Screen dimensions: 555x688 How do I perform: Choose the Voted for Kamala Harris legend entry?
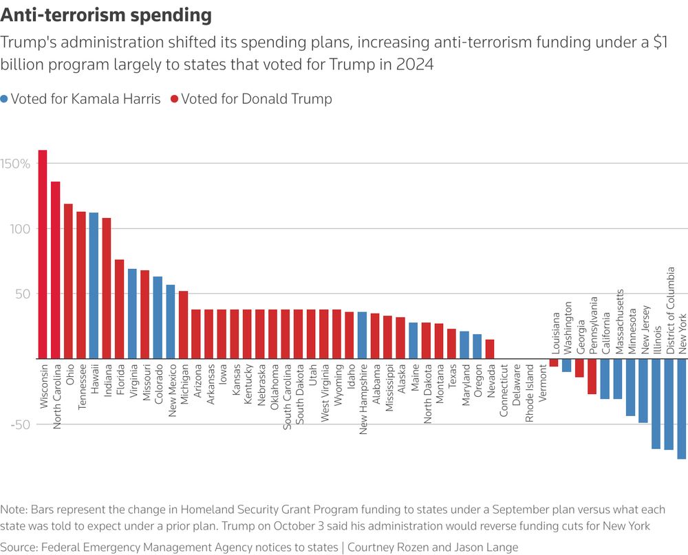[80, 99]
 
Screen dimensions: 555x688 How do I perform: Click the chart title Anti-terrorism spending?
[106, 15]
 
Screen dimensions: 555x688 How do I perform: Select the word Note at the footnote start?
[12, 510]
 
